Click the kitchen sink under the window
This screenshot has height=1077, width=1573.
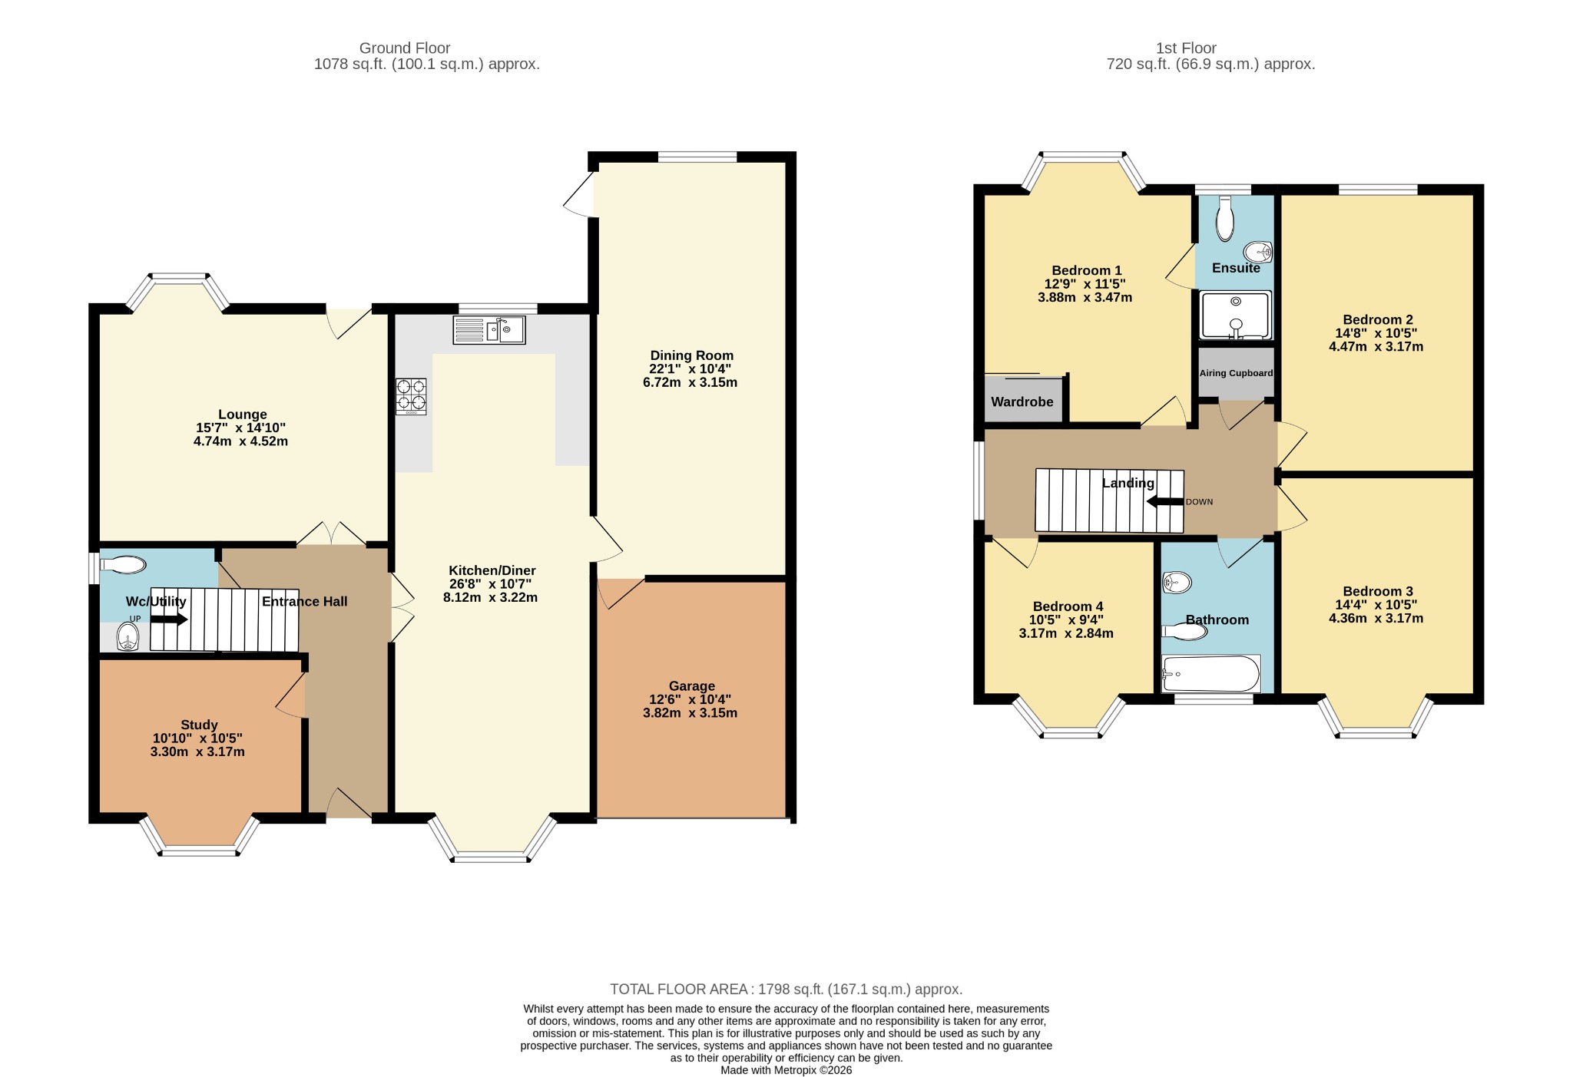pos(489,330)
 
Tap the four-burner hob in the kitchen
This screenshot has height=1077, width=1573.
pos(411,397)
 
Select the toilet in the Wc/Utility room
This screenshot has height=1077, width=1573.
pos(123,566)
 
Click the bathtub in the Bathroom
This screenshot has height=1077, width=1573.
pos(1211,674)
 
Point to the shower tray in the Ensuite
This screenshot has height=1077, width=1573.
pos(1236,315)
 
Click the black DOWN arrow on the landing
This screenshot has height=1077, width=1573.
pos(1165,502)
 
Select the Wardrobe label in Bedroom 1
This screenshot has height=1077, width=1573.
pos(1022,401)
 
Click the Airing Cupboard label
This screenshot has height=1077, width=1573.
pos(1236,373)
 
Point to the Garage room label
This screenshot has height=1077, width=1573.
pos(691,686)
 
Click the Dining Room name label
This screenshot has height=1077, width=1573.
pos(691,355)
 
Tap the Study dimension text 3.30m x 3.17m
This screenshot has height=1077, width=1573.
pos(197,752)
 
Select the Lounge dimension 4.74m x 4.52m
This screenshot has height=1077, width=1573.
pos(240,441)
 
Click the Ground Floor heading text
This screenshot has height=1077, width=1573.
pos(405,48)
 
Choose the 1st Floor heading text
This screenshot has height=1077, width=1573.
pos(1187,48)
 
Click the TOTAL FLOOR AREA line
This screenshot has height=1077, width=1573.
pos(786,989)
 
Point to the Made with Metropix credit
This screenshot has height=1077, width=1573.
pos(786,1070)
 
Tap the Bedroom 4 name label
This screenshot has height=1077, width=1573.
pos(1068,606)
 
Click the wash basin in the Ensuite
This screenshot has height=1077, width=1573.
pos(1257,251)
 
